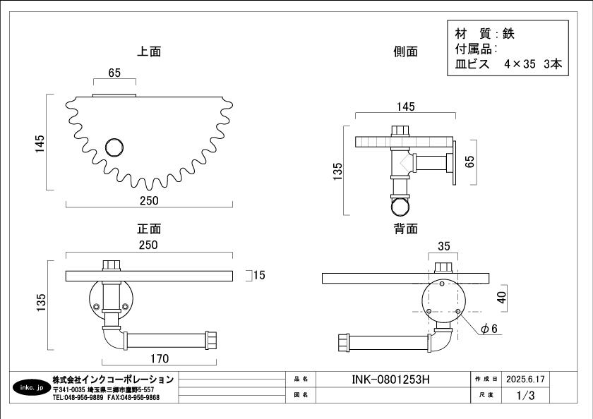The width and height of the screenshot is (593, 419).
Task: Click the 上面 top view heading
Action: (149, 51)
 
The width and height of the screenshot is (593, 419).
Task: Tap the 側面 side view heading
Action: (405, 51)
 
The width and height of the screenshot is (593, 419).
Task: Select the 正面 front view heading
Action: (149, 229)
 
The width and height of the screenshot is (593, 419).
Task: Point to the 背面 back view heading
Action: (405, 229)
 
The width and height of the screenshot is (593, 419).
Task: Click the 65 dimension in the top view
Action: (114, 73)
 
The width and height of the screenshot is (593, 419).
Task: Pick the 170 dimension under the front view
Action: (160, 358)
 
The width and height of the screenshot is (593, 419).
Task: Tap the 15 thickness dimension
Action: (259, 275)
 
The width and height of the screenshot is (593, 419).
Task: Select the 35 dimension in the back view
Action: (443, 246)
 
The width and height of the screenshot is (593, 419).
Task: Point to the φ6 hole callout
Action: (489, 329)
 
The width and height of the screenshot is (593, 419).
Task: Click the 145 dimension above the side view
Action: (405, 107)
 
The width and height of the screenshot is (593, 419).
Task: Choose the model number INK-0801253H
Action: (390, 379)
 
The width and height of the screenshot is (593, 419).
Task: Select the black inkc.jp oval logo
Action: (30, 388)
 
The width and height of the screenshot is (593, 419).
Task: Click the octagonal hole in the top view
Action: (113, 147)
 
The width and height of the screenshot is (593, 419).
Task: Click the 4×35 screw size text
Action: (520, 64)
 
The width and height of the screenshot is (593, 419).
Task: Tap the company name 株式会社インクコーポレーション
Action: (113, 379)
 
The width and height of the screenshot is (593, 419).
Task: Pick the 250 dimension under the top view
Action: (149, 200)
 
